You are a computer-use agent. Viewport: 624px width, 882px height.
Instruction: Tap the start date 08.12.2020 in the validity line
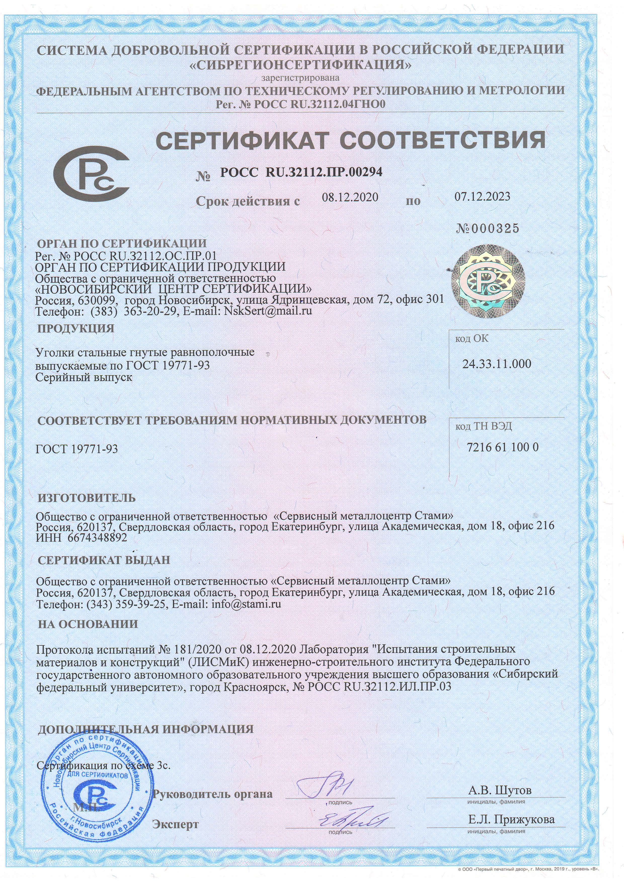click(x=350, y=197)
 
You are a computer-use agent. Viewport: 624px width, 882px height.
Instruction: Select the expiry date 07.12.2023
click(x=483, y=196)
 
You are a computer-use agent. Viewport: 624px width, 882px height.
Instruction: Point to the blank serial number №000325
click(x=488, y=229)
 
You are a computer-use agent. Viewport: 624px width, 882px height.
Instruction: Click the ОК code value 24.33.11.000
click(x=496, y=363)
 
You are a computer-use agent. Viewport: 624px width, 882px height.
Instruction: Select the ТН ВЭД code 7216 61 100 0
click(x=502, y=447)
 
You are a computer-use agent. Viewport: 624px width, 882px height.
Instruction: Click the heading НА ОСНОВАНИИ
click(x=88, y=624)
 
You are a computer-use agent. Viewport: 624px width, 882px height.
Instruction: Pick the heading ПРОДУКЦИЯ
click(x=76, y=328)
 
